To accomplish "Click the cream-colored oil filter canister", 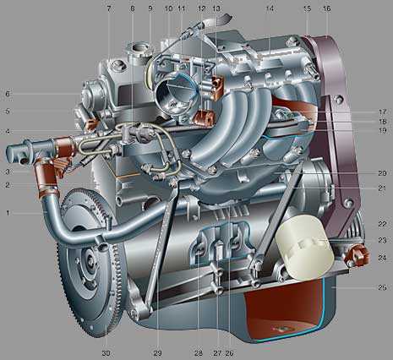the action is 305,247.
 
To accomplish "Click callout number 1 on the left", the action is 8,213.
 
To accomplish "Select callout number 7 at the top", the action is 109,8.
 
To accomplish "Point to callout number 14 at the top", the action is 270,8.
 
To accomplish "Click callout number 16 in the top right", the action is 327,8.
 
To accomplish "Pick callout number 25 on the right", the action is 382,287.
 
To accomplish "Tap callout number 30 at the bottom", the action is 106,353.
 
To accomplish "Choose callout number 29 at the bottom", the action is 157,353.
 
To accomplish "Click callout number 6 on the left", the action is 8,94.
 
